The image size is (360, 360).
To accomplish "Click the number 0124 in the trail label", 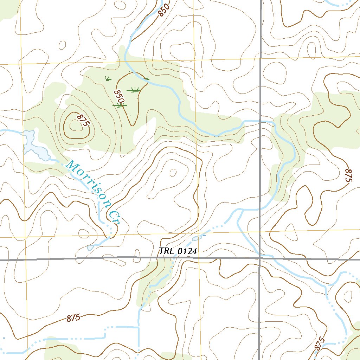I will pyautogui.click(x=187, y=251).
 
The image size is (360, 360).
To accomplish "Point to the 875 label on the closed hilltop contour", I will pyautogui.click(x=84, y=121).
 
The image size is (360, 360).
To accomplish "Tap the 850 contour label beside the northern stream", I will pyautogui.click(x=164, y=9).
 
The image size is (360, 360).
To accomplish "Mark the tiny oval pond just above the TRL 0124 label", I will pyautogui.click(x=197, y=238).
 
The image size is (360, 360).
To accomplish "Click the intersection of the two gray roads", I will pyautogui.click(x=260, y=259).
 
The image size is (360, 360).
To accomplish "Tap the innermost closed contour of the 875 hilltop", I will pyautogui.click(x=75, y=124).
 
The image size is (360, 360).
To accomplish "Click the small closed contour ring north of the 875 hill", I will pyautogui.click(x=62, y=45).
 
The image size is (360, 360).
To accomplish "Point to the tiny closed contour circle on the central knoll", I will pyautogui.click(x=173, y=172).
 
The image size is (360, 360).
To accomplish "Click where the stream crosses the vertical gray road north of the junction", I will pyautogui.click(x=261, y=121).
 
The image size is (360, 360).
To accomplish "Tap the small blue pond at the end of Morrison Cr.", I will pyautogui.click(x=90, y=247).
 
